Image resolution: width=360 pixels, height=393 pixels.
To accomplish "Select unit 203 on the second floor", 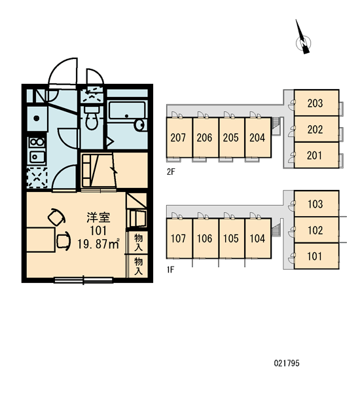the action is [316, 103].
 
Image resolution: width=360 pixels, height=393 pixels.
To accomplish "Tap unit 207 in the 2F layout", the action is [179, 138].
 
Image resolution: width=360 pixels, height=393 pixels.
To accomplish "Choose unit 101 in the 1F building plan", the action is [316, 256].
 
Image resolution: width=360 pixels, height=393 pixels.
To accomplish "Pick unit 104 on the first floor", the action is [258, 238].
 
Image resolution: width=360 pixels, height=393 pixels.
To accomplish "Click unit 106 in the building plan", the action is [206, 238].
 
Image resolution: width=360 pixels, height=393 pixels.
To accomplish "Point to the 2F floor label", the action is [171, 172].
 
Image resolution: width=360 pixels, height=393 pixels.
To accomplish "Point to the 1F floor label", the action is [170, 270].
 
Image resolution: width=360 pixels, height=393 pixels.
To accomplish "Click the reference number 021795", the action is [287, 363].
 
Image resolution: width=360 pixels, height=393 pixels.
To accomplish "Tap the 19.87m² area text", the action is [98, 244].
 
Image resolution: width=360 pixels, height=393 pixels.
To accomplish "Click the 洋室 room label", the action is [98, 217].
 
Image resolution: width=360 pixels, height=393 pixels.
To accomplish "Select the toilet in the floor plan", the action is [92, 117].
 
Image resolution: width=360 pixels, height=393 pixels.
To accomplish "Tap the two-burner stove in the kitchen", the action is [37, 143].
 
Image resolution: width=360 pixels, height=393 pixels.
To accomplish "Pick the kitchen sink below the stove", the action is [37, 157].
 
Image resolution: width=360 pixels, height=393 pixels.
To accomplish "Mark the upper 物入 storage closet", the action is [138, 242].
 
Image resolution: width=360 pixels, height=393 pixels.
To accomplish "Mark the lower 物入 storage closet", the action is [138, 266].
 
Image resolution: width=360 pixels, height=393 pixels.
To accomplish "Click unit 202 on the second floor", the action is [316, 129].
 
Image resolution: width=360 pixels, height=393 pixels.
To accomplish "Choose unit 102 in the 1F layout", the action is [316, 230].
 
